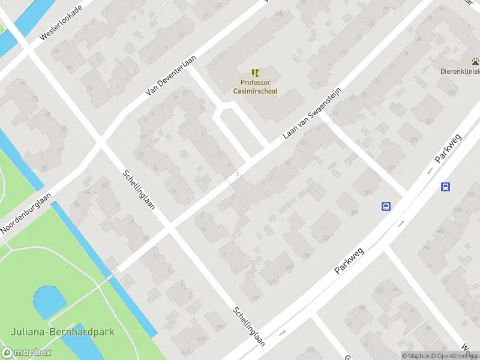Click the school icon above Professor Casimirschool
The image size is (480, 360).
255,72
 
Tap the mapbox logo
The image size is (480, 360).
26,353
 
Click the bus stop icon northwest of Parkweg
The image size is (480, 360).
386,206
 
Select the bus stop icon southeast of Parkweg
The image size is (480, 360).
445,187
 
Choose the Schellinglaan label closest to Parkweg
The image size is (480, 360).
250,327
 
